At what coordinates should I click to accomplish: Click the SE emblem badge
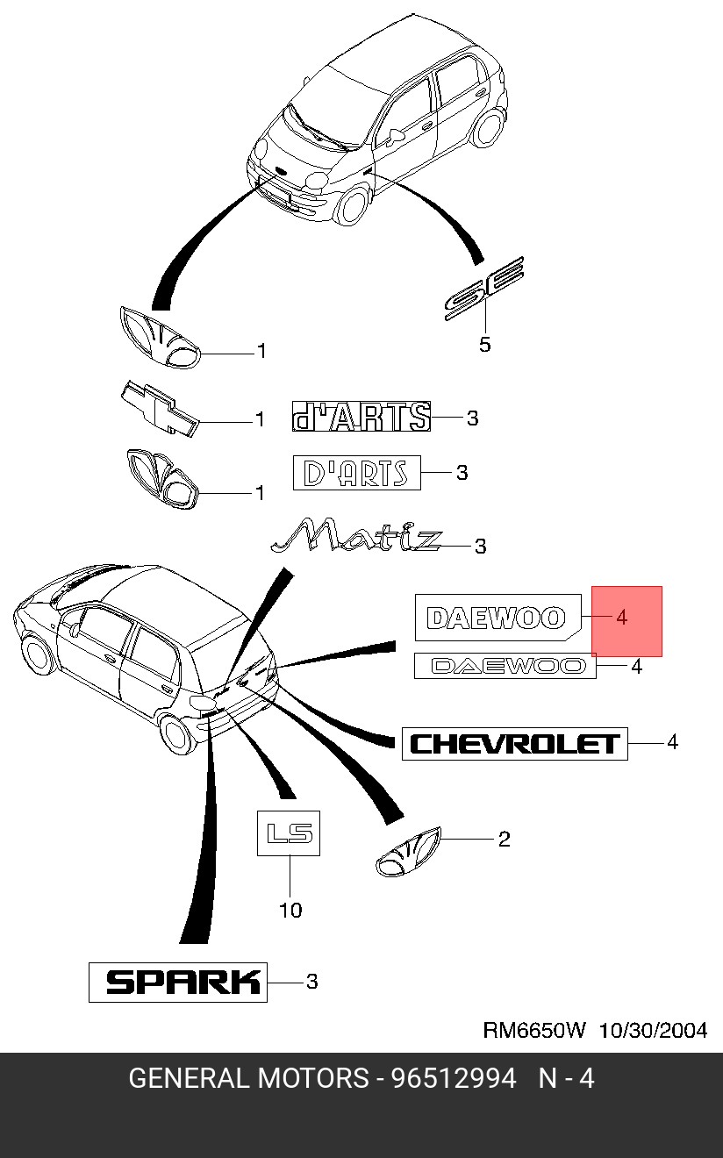tap(484, 289)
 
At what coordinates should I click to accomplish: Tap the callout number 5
tap(485, 345)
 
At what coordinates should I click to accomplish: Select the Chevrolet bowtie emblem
tap(160, 409)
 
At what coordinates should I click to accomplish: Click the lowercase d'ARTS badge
tap(361, 418)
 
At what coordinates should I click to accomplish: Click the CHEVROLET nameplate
tap(515, 744)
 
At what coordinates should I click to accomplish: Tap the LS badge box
tap(289, 833)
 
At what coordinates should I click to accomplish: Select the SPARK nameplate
tap(177, 982)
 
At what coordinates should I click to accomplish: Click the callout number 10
tap(290, 911)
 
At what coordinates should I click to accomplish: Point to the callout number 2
tap(504, 840)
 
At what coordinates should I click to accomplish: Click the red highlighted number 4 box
tap(626, 620)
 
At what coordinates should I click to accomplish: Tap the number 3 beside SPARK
tap(311, 982)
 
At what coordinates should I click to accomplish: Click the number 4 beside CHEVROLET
tap(672, 742)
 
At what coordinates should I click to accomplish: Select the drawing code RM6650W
tap(533, 1030)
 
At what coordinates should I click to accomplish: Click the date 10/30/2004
tap(653, 1030)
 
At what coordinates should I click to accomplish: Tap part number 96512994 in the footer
tap(454, 1078)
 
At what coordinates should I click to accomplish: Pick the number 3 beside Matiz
tap(480, 547)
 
